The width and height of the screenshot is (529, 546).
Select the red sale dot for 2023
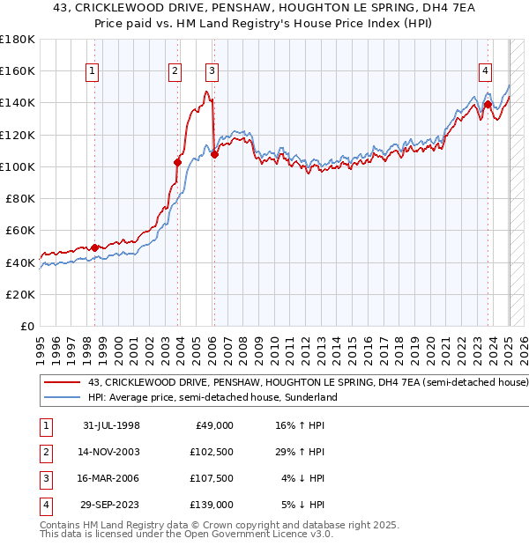(x=488, y=104)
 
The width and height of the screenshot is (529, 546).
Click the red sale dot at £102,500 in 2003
(x=177, y=162)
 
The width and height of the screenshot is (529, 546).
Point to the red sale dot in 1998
(x=95, y=247)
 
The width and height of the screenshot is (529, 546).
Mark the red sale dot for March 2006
(x=214, y=154)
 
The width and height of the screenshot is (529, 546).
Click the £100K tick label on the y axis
(x=18, y=166)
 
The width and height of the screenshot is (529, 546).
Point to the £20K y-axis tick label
(x=20, y=294)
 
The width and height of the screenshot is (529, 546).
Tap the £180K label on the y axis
(x=18, y=40)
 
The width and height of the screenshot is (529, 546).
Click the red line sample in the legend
(x=62, y=383)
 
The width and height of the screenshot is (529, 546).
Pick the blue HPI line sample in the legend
(x=62, y=397)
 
